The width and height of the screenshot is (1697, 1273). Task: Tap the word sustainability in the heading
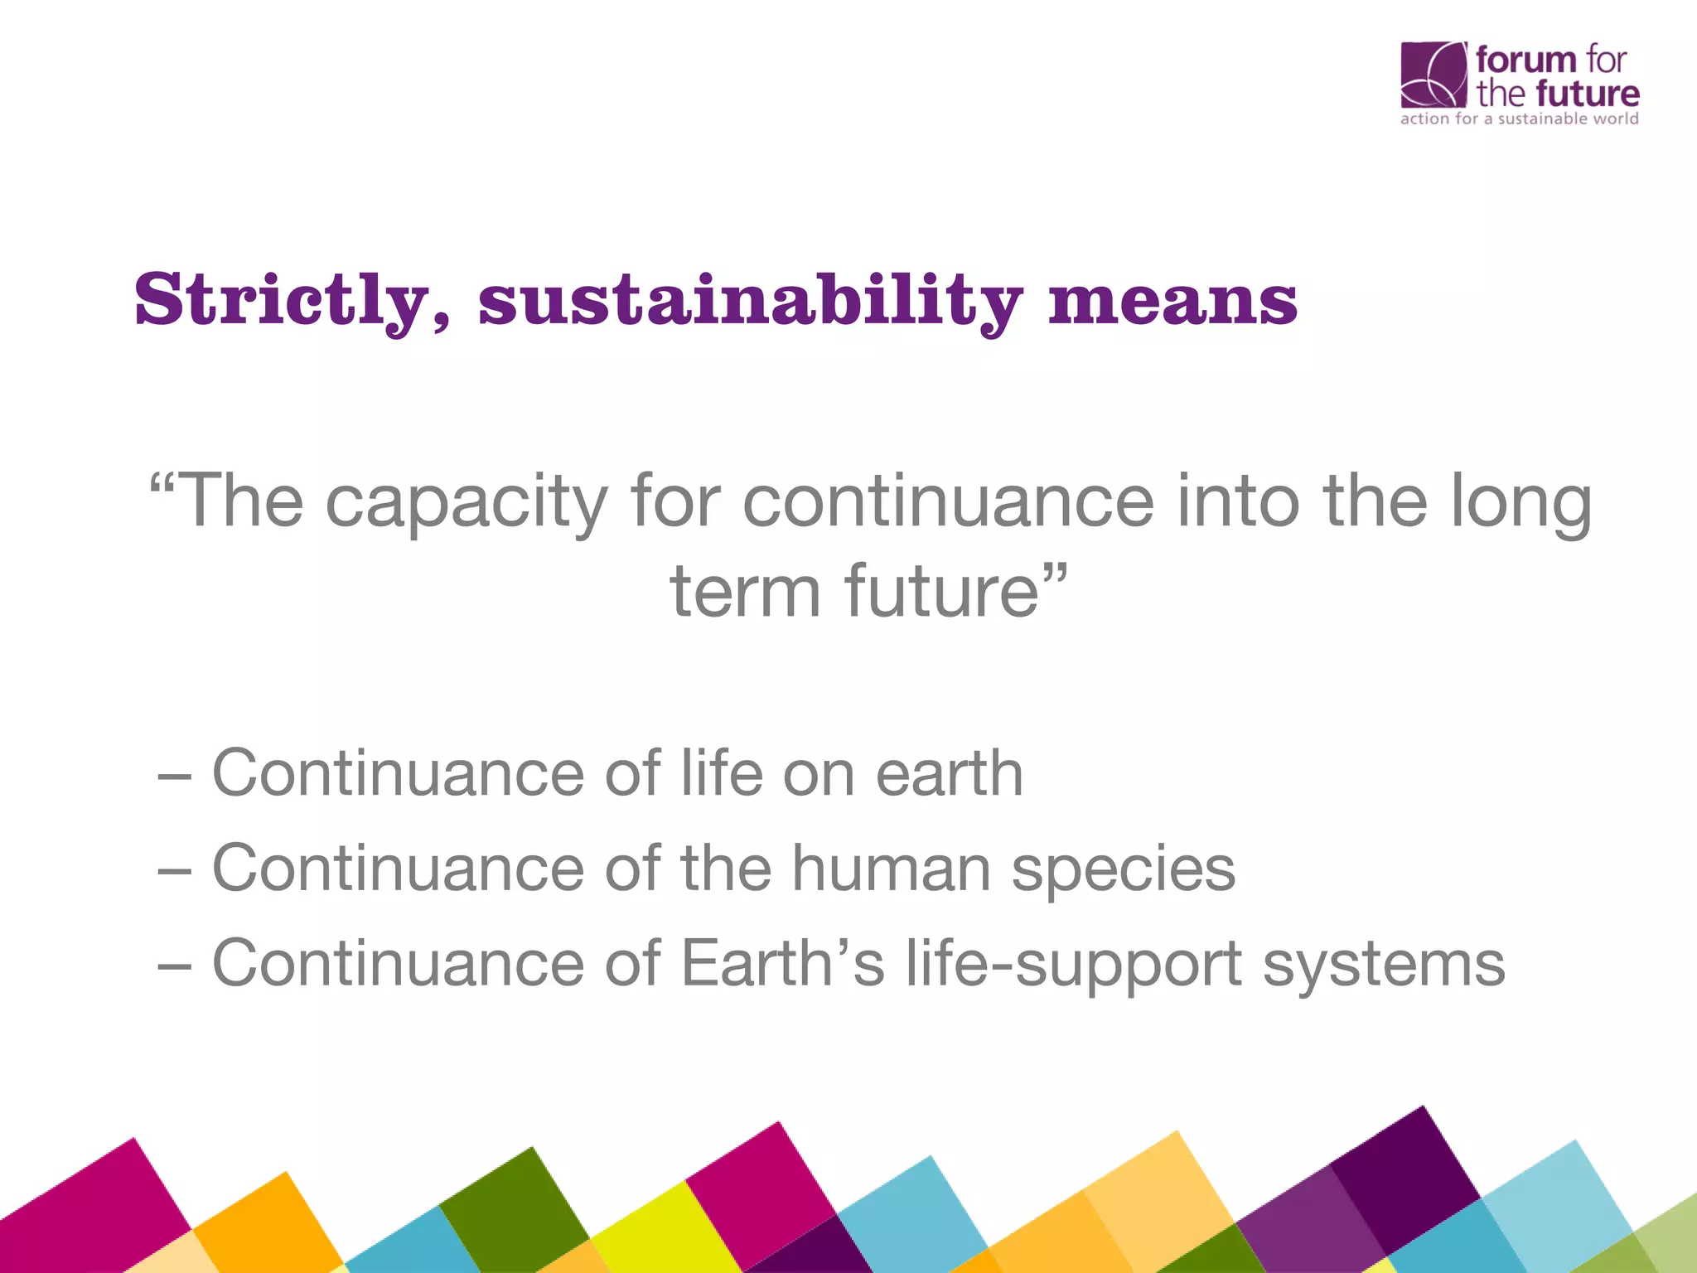pos(750,300)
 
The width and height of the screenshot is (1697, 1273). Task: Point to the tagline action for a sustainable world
pos(1519,119)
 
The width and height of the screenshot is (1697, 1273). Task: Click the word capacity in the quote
pos(467,502)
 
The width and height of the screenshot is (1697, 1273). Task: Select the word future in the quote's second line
pos(940,590)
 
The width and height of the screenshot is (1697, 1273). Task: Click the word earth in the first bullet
pos(949,772)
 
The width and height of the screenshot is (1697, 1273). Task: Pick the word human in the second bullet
pos(891,868)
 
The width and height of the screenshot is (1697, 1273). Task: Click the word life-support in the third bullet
pos(1074,964)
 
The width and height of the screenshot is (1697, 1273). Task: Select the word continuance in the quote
pos(947,502)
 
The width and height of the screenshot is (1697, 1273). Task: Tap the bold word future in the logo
pos(1587,94)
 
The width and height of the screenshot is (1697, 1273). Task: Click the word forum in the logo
pos(1525,60)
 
